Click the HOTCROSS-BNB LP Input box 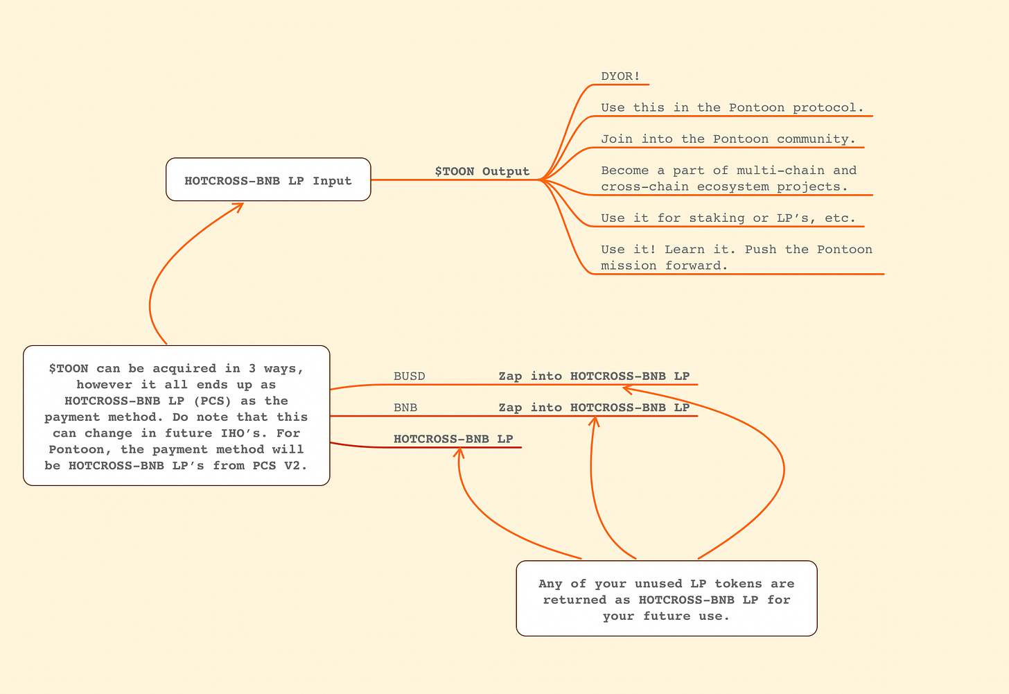pos(268,180)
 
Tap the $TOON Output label pos(482,171)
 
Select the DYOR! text pos(620,76)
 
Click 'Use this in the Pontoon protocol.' pos(732,107)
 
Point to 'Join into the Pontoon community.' pos(728,139)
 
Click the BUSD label pos(409,376)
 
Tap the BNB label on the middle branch pos(405,408)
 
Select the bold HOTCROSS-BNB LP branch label pos(453,439)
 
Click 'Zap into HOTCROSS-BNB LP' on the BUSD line pos(594,376)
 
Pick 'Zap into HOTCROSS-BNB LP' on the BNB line pos(594,408)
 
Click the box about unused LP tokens pos(667,598)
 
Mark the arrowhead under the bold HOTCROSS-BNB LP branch pos(459,453)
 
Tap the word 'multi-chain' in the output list pos(780,171)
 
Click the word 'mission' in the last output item pos(629,266)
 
